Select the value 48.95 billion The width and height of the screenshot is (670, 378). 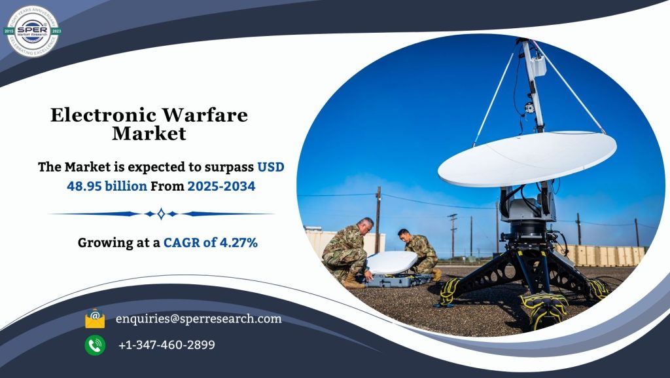[x=107, y=186]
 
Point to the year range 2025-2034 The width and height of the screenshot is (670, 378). [x=221, y=186]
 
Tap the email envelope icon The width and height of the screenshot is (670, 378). [x=95, y=319]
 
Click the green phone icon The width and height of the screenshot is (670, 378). [x=95, y=345]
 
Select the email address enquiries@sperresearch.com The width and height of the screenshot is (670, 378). [x=198, y=319]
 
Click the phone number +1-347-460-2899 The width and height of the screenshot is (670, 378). [x=167, y=345]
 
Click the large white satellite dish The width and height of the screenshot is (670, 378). [x=527, y=157]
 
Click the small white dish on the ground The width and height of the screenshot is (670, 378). [x=391, y=262]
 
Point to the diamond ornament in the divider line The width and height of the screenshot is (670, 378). [x=161, y=214]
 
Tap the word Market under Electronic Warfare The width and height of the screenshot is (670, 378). [x=149, y=134]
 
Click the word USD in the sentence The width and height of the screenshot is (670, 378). [x=270, y=167]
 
